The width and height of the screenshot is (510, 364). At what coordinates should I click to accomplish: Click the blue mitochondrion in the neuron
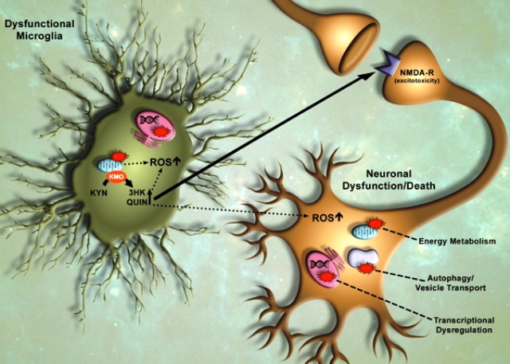point(364,233)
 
